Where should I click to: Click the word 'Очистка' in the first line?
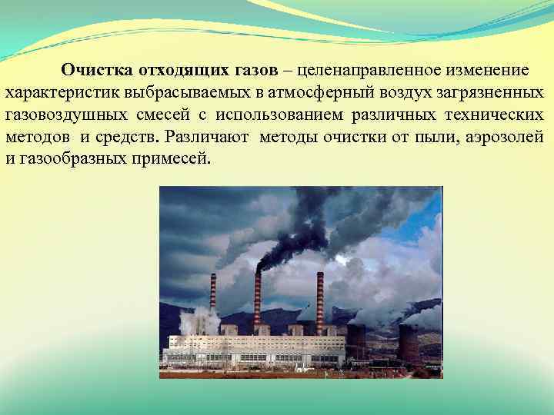[x=98, y=70]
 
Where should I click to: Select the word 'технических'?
[x=494, y=115]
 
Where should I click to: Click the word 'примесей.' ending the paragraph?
[x=175, y=161]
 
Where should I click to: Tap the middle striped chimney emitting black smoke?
[x=258, y=296]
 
